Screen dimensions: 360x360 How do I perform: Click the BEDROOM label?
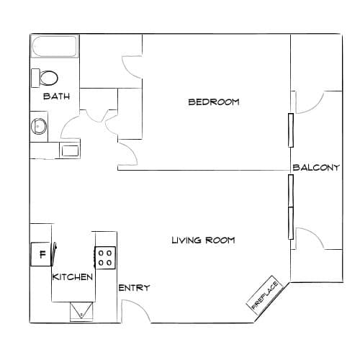coord(214,102)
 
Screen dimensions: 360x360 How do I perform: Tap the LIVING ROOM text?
coord(203,240)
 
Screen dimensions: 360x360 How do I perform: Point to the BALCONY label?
coord(316,167)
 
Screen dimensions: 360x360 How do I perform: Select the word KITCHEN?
coord(73,277)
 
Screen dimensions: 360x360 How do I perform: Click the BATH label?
coord(56,96)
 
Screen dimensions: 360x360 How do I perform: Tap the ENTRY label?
coord(134,287)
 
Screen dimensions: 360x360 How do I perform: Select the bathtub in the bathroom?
coord(55,46)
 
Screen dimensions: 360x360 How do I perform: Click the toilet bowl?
coord(49,78)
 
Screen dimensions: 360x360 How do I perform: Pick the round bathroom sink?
coord(39,126)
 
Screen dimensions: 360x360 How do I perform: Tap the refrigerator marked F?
coord(41,254)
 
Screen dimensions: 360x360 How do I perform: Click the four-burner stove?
coord(105,258)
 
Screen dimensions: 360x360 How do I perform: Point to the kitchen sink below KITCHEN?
coord(81,311)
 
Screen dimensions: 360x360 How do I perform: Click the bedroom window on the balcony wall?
coord(291,130)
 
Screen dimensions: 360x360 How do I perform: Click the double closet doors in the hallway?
coord(99,117)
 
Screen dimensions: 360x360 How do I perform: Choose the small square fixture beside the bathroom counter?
coord(70,150)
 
